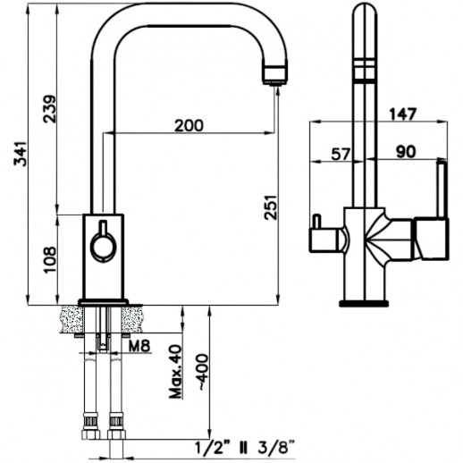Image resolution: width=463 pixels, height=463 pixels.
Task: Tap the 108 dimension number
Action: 50,258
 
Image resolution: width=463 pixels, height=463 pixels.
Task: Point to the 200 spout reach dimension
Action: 189,127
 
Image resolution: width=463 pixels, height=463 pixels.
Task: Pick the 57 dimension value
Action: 341,154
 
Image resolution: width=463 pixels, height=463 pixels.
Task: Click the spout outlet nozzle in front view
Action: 273,76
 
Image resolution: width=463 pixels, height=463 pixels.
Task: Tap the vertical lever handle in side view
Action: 440,189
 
